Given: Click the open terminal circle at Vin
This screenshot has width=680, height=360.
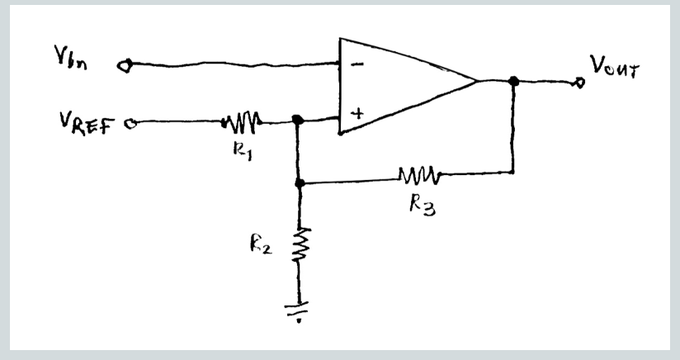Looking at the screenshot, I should point(125,64).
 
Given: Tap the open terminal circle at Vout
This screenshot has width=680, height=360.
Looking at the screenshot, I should point(580,82).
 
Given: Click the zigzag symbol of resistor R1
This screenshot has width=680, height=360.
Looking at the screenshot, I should point(241,123).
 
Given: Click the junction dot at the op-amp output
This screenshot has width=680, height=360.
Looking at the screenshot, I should point(513,81).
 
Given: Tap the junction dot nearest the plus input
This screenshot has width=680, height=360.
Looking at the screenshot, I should point(299,121).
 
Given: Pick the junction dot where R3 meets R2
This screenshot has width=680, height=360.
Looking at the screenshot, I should point(300,182).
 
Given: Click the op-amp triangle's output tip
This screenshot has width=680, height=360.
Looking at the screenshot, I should point(477,81).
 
